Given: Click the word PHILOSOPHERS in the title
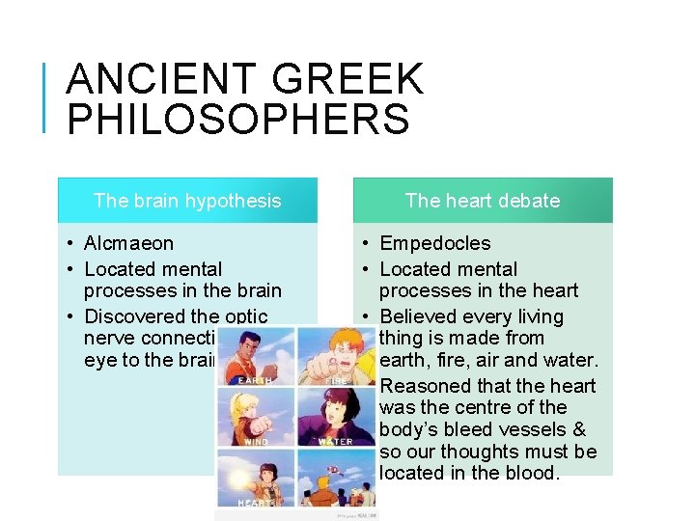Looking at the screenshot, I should click(237, 120).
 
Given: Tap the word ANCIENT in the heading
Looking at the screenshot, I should click(159, 79).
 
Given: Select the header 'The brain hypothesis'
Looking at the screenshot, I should click(187, 201).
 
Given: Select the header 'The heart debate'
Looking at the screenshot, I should click(483, 201).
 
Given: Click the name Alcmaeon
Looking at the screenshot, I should click(129, 243).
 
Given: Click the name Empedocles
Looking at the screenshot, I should click(435, 243).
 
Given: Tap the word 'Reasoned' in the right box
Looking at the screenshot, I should click(424, 386).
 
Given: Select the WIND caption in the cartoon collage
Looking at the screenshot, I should click(256, 441).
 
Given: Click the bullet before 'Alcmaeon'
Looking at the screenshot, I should click(72, 243).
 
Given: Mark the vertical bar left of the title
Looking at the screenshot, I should click(46, 96).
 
